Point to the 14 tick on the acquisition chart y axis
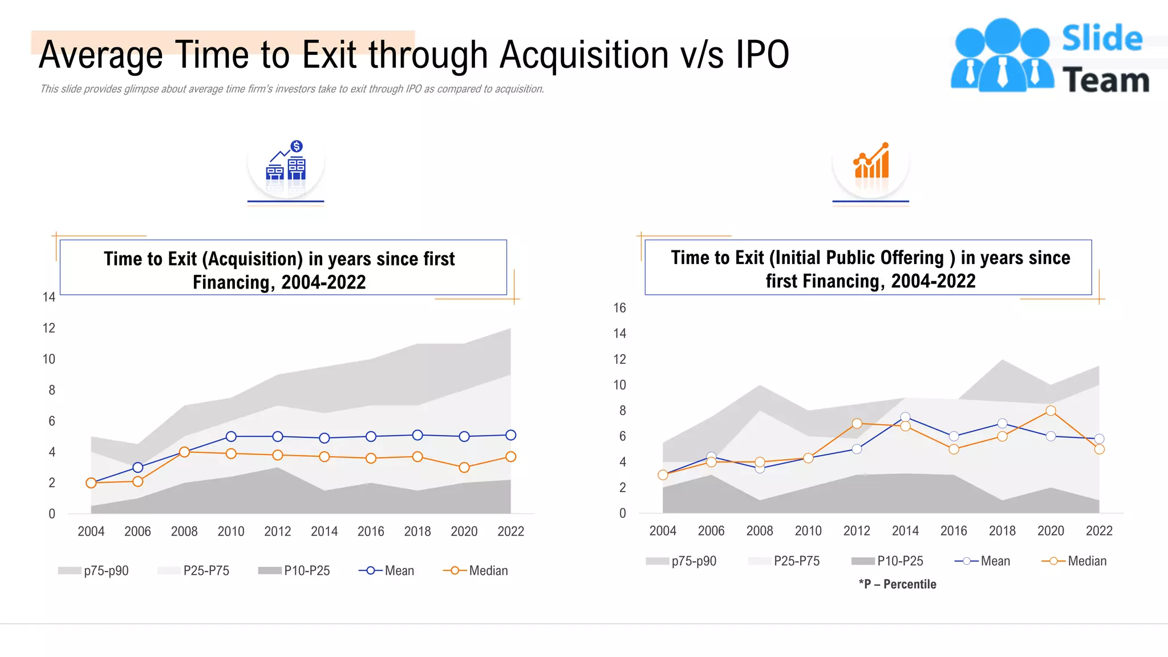click(48, 297)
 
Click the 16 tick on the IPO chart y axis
click(619, 308)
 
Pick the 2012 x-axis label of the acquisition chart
click(277, 532)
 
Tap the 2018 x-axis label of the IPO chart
click(1002, 531)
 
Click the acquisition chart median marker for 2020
click(464, 468)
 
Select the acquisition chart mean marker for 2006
click(137, 468)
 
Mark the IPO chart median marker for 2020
click(1051, 411)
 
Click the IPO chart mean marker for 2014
click(905, 417)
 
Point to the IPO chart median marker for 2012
click(857, 423)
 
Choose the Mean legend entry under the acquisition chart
click(387, 571)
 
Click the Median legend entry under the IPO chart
click(1074, 561)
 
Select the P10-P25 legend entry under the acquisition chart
click(294, 571)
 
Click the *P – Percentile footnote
click(898, 585)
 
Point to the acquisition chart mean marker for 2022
click(511, 435)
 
